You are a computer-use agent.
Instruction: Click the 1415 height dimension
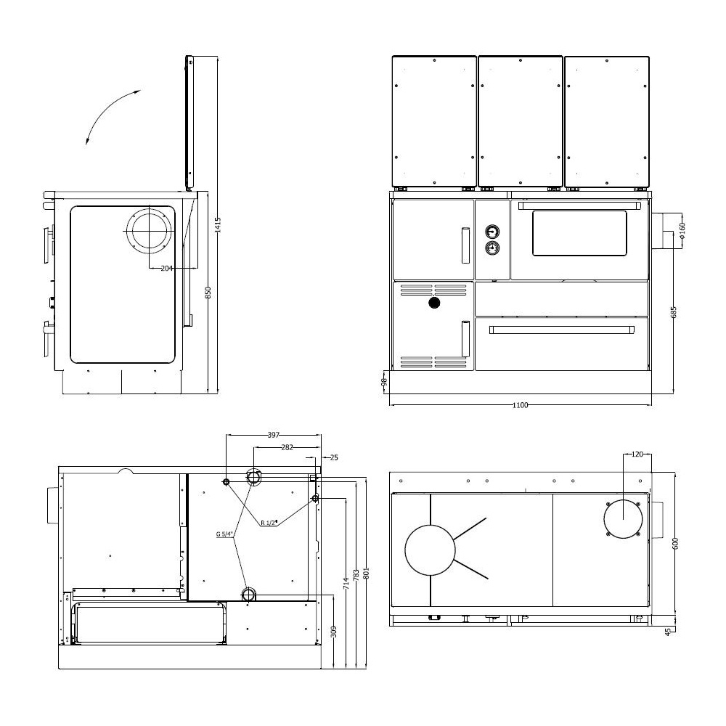[x=219, y=224]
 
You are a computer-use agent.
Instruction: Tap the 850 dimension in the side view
[x=208, y=293]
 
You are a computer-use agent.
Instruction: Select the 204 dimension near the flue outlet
[x=167, y=268]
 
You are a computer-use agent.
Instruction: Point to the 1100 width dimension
[x=520, y=405]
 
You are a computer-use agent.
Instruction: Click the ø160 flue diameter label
[x=682, y=231]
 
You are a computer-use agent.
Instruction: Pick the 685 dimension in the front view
[x=674, y=311]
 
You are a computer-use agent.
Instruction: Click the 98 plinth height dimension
[x=383, y=382]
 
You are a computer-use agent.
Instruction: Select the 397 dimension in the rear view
[x=274, y=435]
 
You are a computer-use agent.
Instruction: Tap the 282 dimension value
[x=287, y=447]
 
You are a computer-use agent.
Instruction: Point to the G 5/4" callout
[x=224, y=534]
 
